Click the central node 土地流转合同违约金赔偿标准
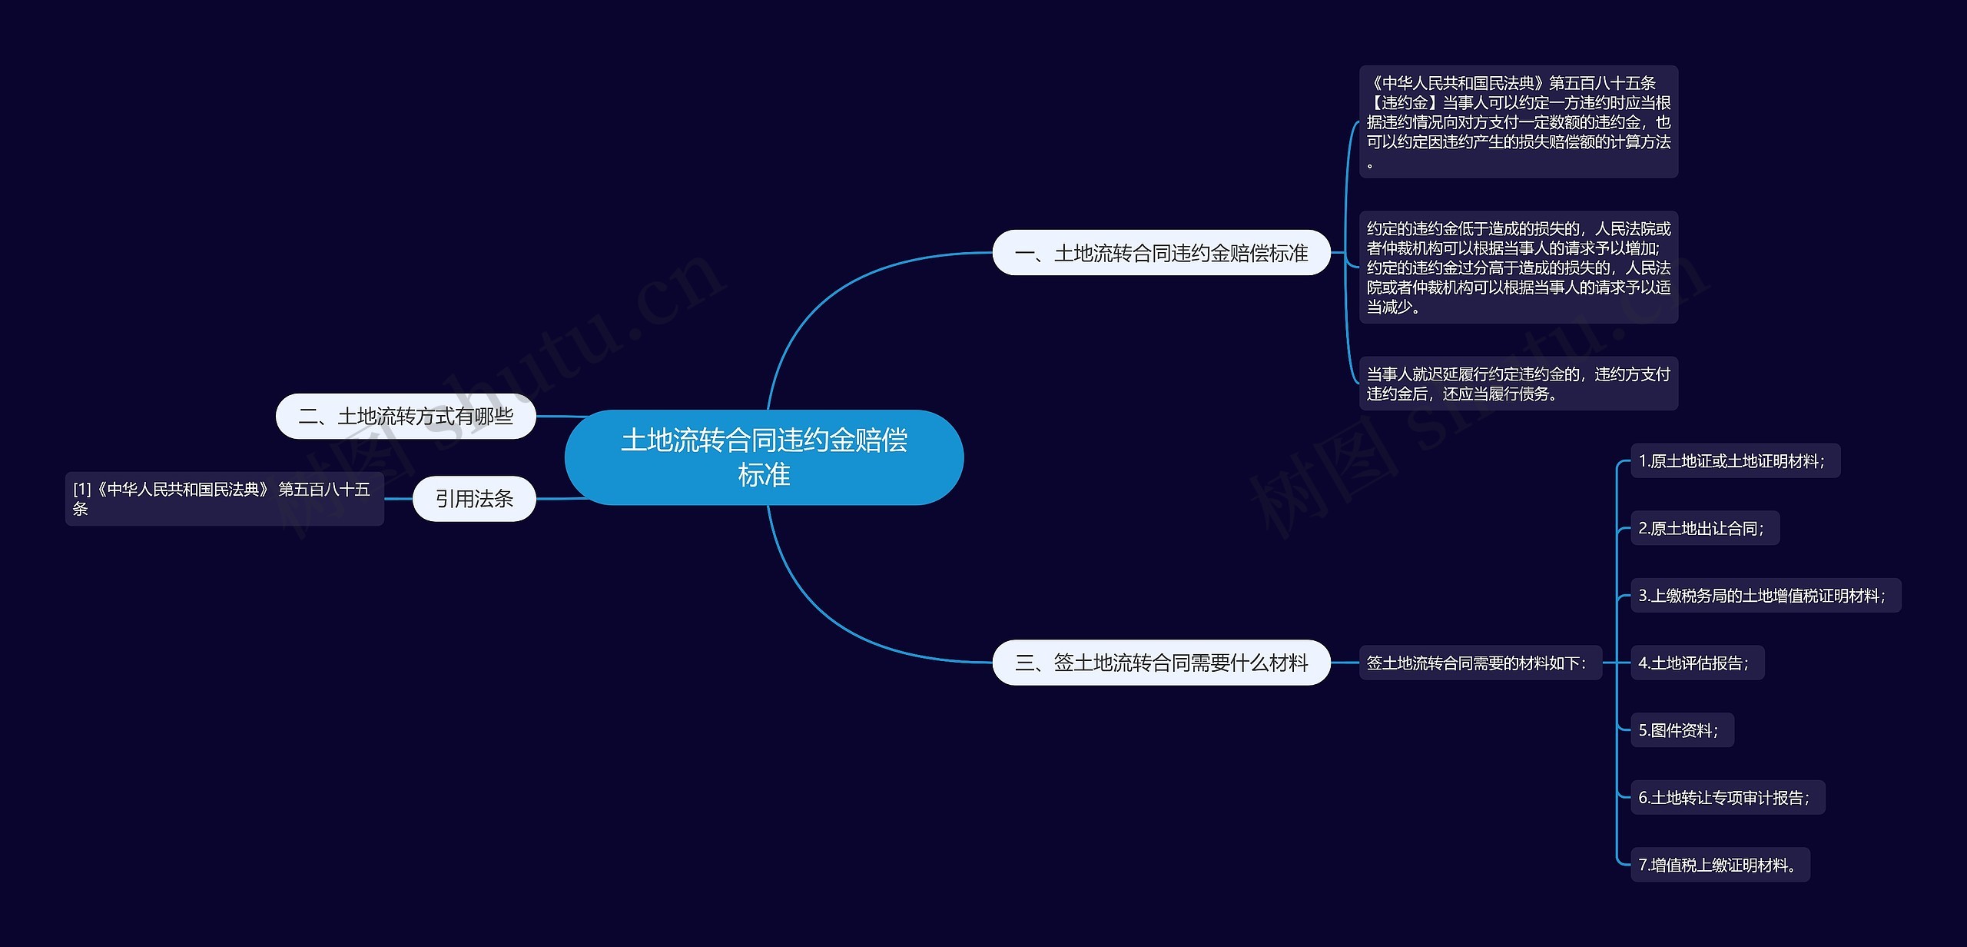[x=764, y=457]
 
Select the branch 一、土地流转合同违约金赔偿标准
[x=1161, y=253]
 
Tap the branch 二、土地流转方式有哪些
[x=406, y=417]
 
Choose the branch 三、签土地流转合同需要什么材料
[x=1161, y=663]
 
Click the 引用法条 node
[x=474, y=499]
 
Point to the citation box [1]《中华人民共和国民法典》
[x=224, y=499]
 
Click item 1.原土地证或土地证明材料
[x=1734, y=461]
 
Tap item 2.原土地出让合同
[x=1704, y=528]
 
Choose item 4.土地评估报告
[x=1697, y=663]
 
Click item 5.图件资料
[x=1681, y=730]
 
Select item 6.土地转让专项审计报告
[x=1727, y=798]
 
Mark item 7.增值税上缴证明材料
[x=1720, y=865]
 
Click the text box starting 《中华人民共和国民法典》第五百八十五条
[x=1518, y=121]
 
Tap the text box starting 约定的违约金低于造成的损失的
[x=1518, y=267]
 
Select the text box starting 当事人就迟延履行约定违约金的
[x=1518, y=384]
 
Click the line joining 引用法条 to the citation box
[x=398, y=499]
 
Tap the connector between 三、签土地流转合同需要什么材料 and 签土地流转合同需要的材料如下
[x=1345, y=663]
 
